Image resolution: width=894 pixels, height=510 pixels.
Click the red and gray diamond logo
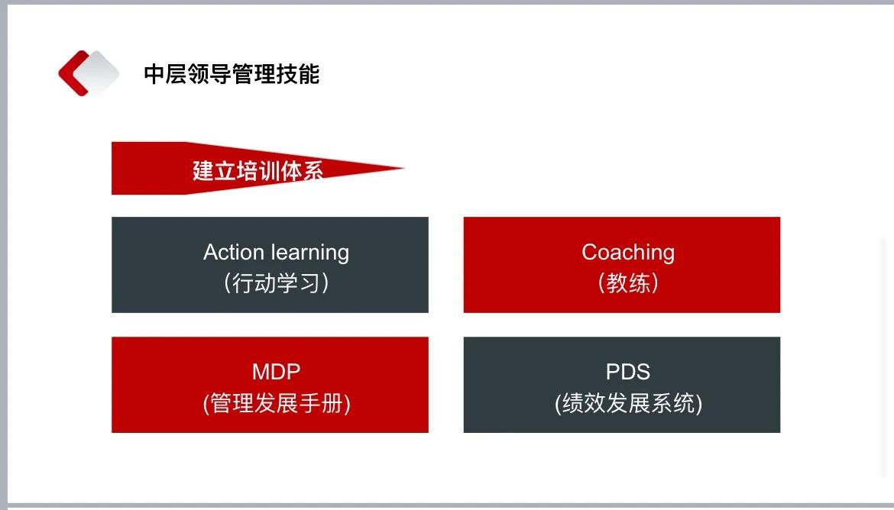89,73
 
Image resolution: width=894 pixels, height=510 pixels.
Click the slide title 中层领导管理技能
232,74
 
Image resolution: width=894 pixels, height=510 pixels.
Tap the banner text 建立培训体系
258,170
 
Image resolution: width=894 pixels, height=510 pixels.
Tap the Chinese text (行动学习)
276,283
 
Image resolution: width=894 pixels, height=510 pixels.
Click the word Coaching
627,252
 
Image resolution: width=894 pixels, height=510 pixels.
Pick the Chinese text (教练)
627,283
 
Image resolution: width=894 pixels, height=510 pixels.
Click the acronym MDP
276,372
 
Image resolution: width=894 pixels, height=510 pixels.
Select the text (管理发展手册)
276,403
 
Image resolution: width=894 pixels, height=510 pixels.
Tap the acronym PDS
627,372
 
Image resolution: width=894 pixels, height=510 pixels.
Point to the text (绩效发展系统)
627,403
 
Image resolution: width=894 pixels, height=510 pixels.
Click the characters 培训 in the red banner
258,170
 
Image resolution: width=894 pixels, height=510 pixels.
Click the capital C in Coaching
589,252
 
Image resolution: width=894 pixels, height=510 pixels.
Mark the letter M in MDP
261,372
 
